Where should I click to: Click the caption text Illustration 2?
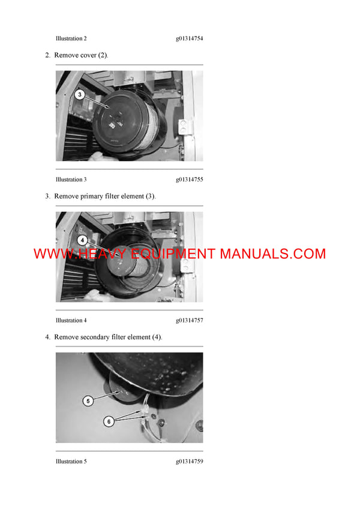[71, 38]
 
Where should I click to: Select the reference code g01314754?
[189, 38]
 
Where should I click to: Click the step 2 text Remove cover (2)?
[81, 55]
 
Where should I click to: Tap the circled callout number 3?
[80, 94]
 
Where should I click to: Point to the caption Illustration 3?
[71, 179]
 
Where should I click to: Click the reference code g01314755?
[189, 179]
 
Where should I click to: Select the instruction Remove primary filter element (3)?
[104, 196]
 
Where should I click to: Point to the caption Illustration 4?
[71, 320]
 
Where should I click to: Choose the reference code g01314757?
[189, 320]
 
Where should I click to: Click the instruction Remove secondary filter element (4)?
[108, 337]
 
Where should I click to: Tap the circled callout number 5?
[88, 400]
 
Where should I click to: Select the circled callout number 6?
[109, 421]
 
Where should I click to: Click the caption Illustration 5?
[71, 461]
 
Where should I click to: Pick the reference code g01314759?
[189, 461]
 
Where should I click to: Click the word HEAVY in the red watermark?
[101, 254]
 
